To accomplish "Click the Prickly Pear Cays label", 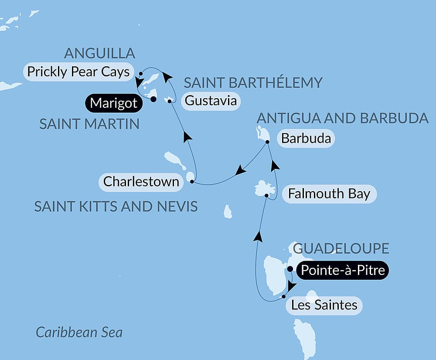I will coord(78,72).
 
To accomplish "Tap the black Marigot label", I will coord(114,103).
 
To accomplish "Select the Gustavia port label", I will coord(211,101).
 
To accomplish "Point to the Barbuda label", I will coord(306,139).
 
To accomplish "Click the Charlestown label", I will coord(141,181).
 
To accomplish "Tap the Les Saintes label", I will coord(324,305).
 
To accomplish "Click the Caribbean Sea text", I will coord(79,333).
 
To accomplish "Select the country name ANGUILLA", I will coord(99,54).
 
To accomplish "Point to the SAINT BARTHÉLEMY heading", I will coord(253,82).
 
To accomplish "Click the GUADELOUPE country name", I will coord(341,249).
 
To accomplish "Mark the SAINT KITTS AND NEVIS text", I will coord(116,206).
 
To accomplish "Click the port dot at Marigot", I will coord(153,99).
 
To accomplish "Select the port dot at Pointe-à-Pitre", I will coord(290,269).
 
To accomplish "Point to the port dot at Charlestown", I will coord(192,181).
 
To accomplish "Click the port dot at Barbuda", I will coord(267,141).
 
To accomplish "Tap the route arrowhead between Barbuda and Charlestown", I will coord(240,171).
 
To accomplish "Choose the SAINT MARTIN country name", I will coord(89,124).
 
